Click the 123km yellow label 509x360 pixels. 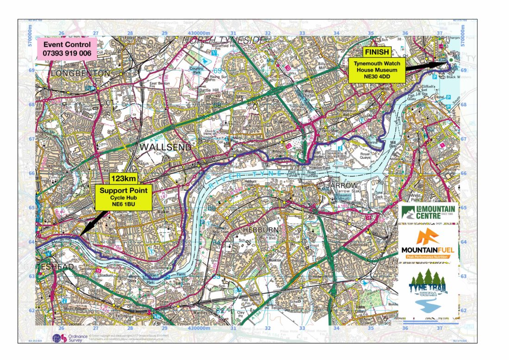coord(122,178)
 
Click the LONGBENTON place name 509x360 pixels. coord(81,74)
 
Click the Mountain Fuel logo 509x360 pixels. coord(428,244)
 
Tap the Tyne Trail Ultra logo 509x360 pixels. coord(428,292)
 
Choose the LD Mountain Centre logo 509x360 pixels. coord(428,214)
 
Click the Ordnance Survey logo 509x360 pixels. coord(67,338)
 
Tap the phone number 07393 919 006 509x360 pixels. coord(67,54)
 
